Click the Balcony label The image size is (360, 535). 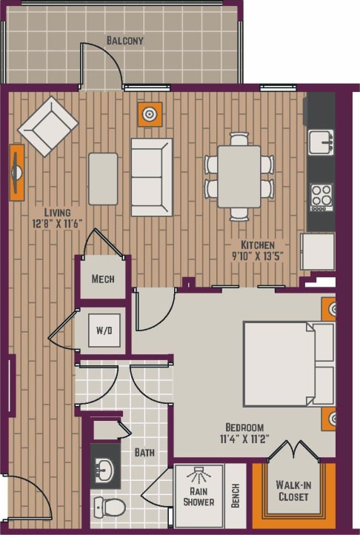(124, 40)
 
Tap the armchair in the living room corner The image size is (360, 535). (48, 125)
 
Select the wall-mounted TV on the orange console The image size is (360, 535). (16, 172)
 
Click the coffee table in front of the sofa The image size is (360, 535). (103, 179)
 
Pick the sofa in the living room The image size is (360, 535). (152, 176)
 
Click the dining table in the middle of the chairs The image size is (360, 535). (239, 176)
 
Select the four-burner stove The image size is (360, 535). (321, 197)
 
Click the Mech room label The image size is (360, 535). (102, 279)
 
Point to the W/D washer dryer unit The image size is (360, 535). (103, 330)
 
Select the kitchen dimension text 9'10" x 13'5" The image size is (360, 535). (258, 257)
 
